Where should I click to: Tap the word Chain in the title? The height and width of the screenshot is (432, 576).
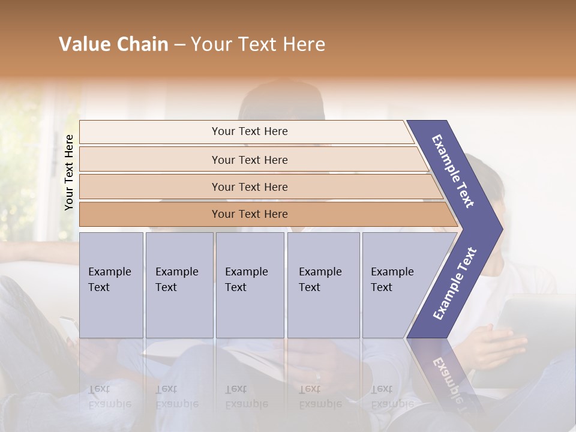pos(142,44)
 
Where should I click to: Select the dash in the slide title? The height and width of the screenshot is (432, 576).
pos(179,45)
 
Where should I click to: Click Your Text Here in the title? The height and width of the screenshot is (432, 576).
pos(258,44)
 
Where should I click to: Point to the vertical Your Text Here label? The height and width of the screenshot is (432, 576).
pos(69,172)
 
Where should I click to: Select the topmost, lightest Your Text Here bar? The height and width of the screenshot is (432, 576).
pos(249,131)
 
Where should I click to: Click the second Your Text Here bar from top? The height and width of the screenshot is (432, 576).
pos(249,160)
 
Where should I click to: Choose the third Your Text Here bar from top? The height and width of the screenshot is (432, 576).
pos(249,187)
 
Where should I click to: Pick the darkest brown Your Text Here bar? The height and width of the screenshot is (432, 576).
pos(249,214)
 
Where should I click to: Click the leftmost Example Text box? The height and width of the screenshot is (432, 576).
pos(111,285)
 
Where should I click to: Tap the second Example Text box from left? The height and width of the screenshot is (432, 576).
pos(179,285)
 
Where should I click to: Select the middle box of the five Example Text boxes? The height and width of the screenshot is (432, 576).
pos(250,285)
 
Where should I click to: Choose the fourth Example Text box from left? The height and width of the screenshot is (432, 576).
pos(323,285)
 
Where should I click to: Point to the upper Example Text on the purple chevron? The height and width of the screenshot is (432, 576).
pos(453,171)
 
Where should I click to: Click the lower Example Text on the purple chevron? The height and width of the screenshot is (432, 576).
pos(455,283)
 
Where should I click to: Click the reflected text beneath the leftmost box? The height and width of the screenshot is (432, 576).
pos(109,397)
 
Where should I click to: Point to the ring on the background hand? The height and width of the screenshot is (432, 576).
pos(318,376)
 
